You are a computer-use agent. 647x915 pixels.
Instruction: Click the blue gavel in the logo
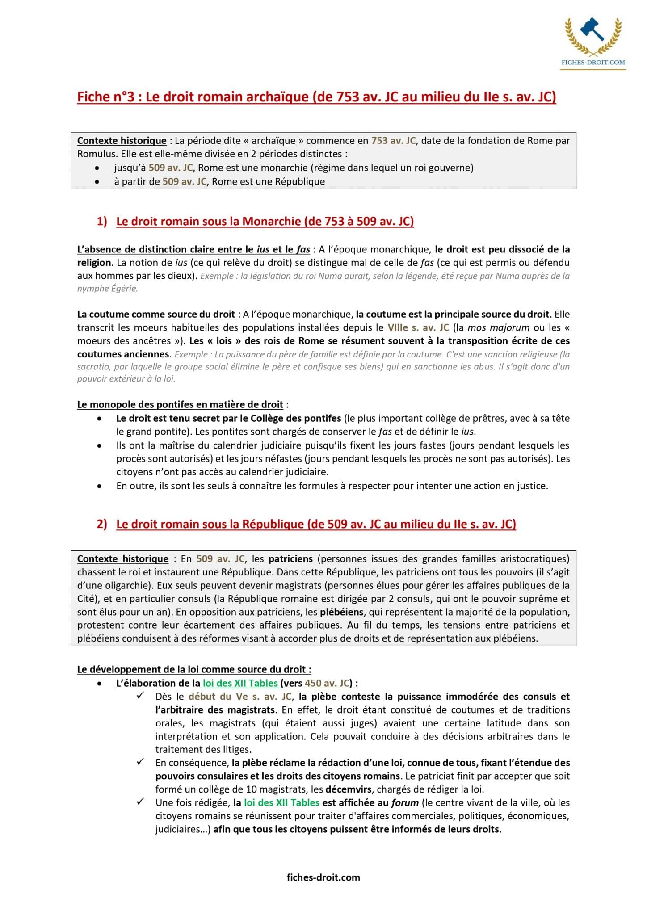[x=592, y=29]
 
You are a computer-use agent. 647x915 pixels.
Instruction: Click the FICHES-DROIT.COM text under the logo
[x=593, y=63]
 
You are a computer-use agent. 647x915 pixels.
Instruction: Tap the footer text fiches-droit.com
[x=323, y=877]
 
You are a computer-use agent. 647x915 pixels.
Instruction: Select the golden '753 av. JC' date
[x=393, y=141]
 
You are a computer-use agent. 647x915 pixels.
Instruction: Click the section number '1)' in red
[x=102, y=222]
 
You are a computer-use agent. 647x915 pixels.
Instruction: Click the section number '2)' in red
[x=102, y=524]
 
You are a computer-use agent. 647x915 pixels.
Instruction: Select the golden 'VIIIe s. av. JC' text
[x=418, y=327]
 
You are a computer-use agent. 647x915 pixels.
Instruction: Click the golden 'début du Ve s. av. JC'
[x=240, y=697]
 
